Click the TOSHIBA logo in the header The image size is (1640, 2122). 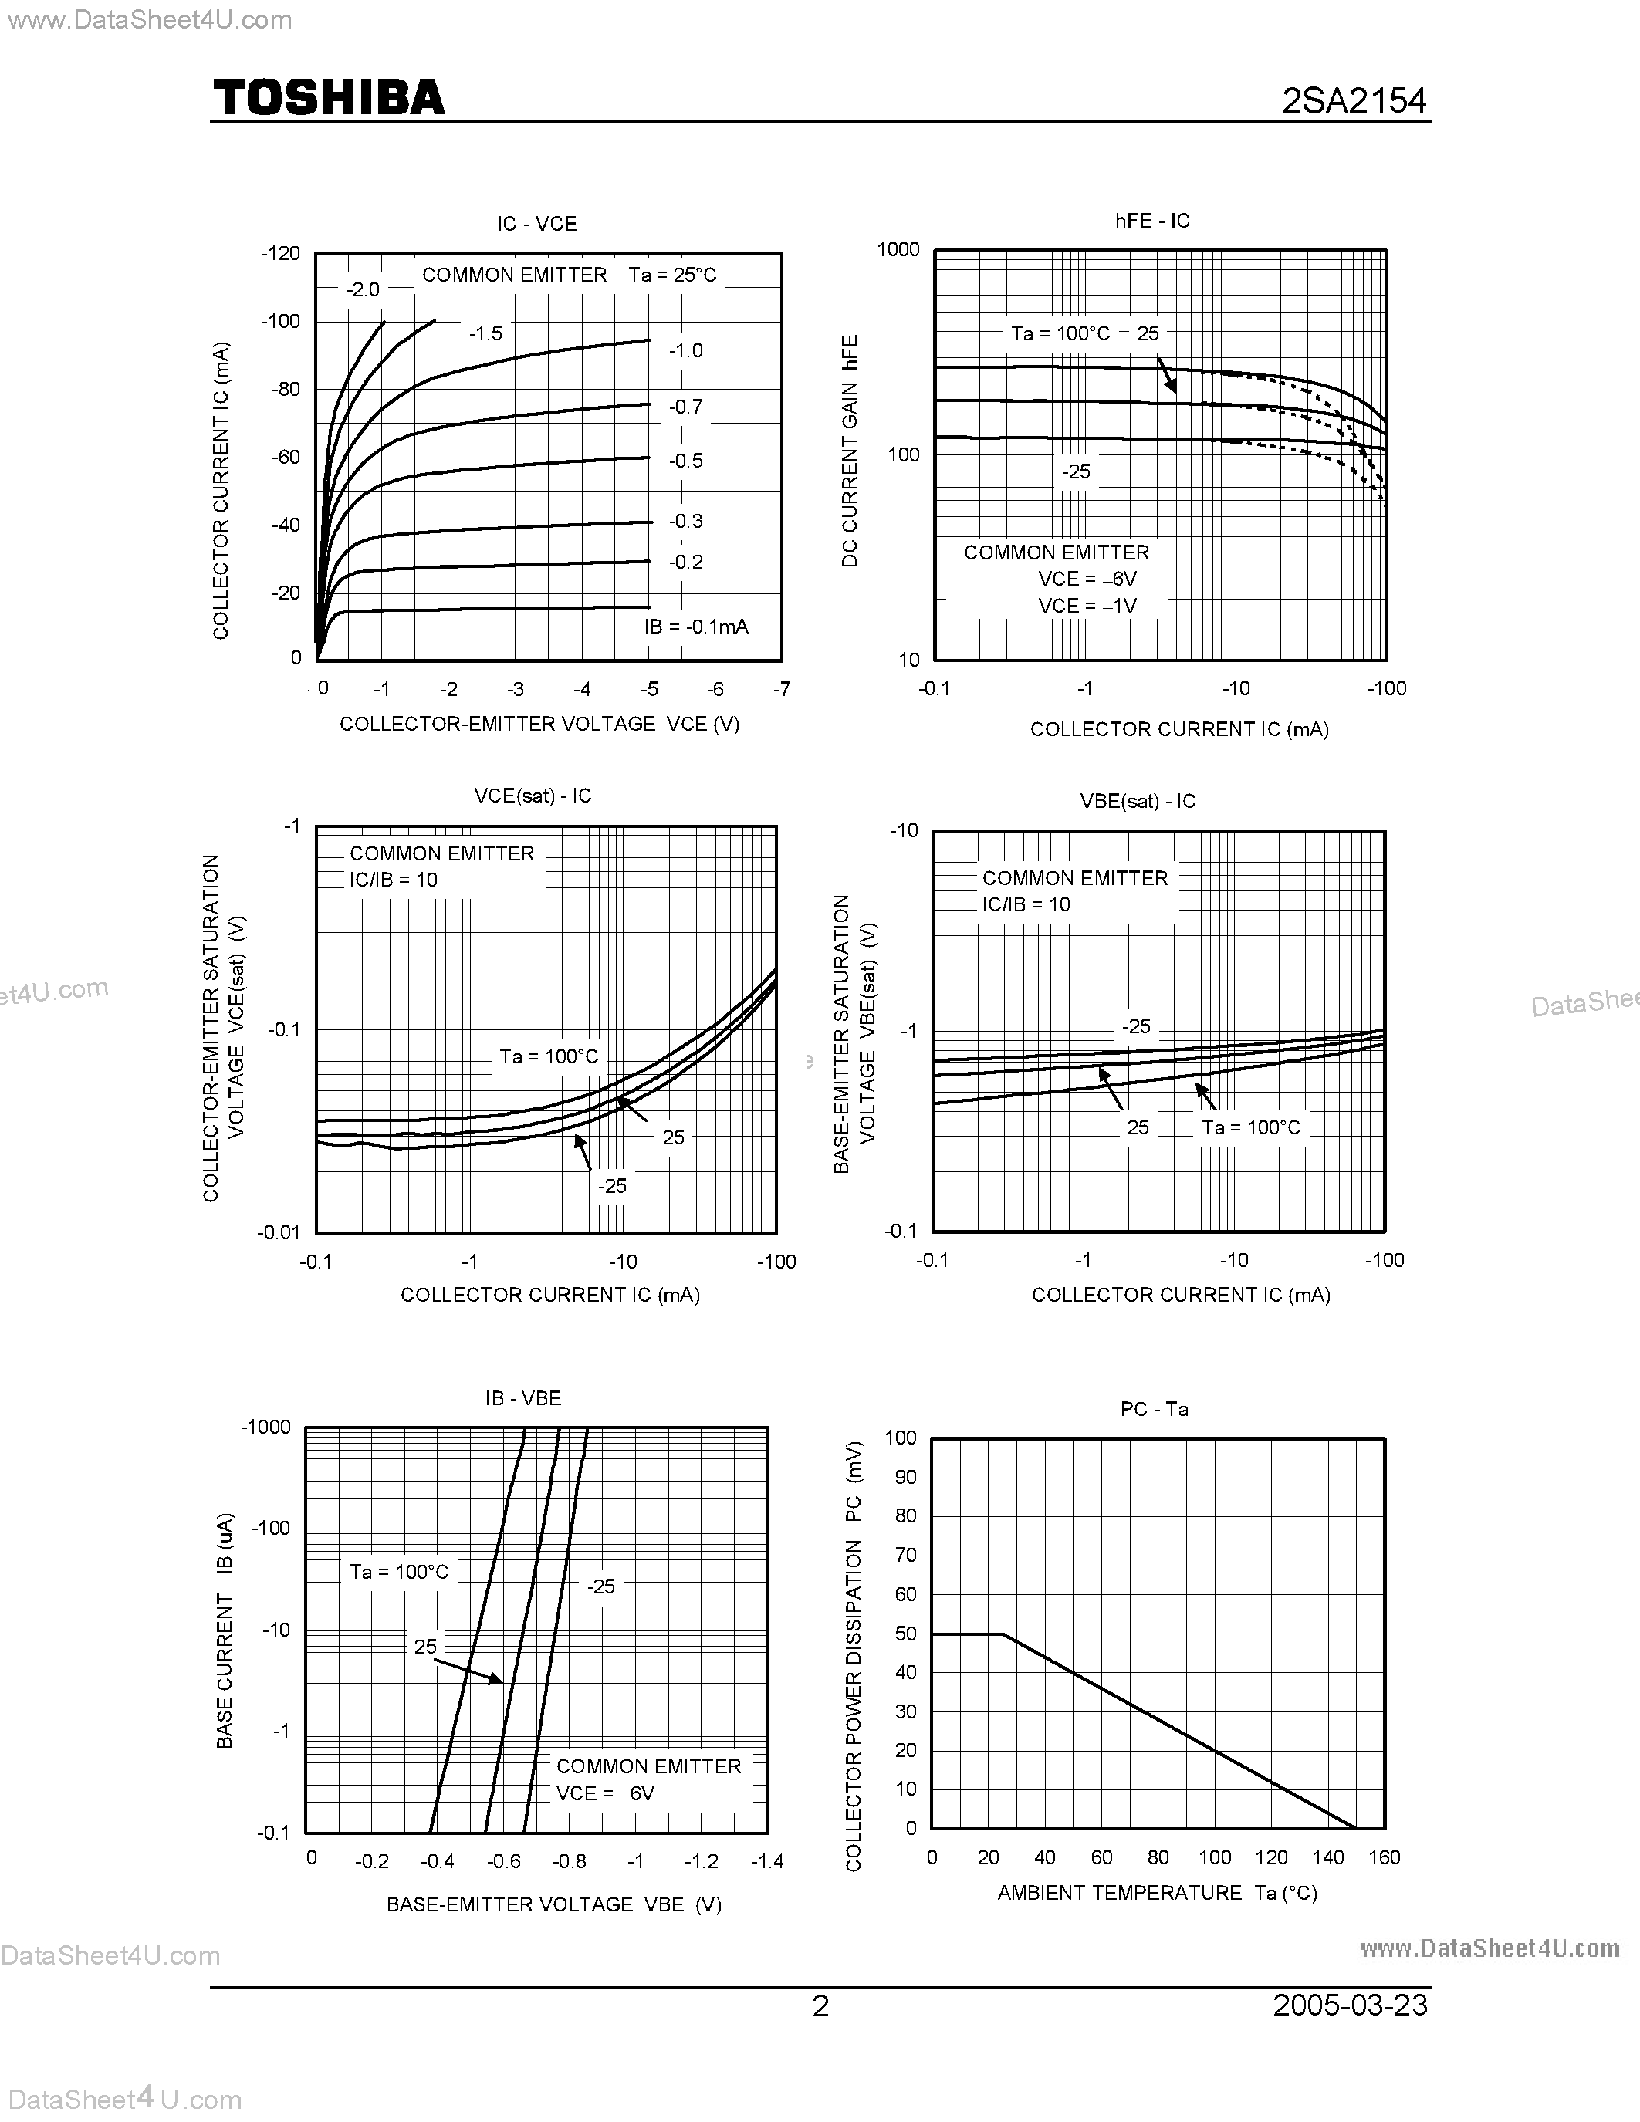(x=329, y=98)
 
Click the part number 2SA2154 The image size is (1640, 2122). (x=1354, y=100)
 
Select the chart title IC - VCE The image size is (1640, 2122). (x=536, y=224)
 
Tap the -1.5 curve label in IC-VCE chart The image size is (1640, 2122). (x=485, y=333)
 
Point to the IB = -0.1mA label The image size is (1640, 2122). (x=695, y=627)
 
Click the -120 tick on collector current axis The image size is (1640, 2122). (x=280, y=254)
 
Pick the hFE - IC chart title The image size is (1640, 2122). (x=1151, y=221)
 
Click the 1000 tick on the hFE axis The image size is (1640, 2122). (x=898, y=250)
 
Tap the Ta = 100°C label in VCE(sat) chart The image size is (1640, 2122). (x=548, y=1056)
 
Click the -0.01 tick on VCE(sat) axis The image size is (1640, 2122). (x=278, y=1233)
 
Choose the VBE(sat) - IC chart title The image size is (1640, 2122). (x=1138, y=801)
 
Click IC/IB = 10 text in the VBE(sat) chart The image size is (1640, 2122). (x=1025, y=904)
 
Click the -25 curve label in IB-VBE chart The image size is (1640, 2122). (x=600, y=1586)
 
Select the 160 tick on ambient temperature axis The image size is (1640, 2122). (x=1384, y=1857)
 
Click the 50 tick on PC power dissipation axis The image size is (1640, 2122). (x=905, y=1634)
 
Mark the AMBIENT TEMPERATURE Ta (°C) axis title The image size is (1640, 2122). (x=1156, y=1892)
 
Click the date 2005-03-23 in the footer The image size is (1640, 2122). (x=1350, y=2005)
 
